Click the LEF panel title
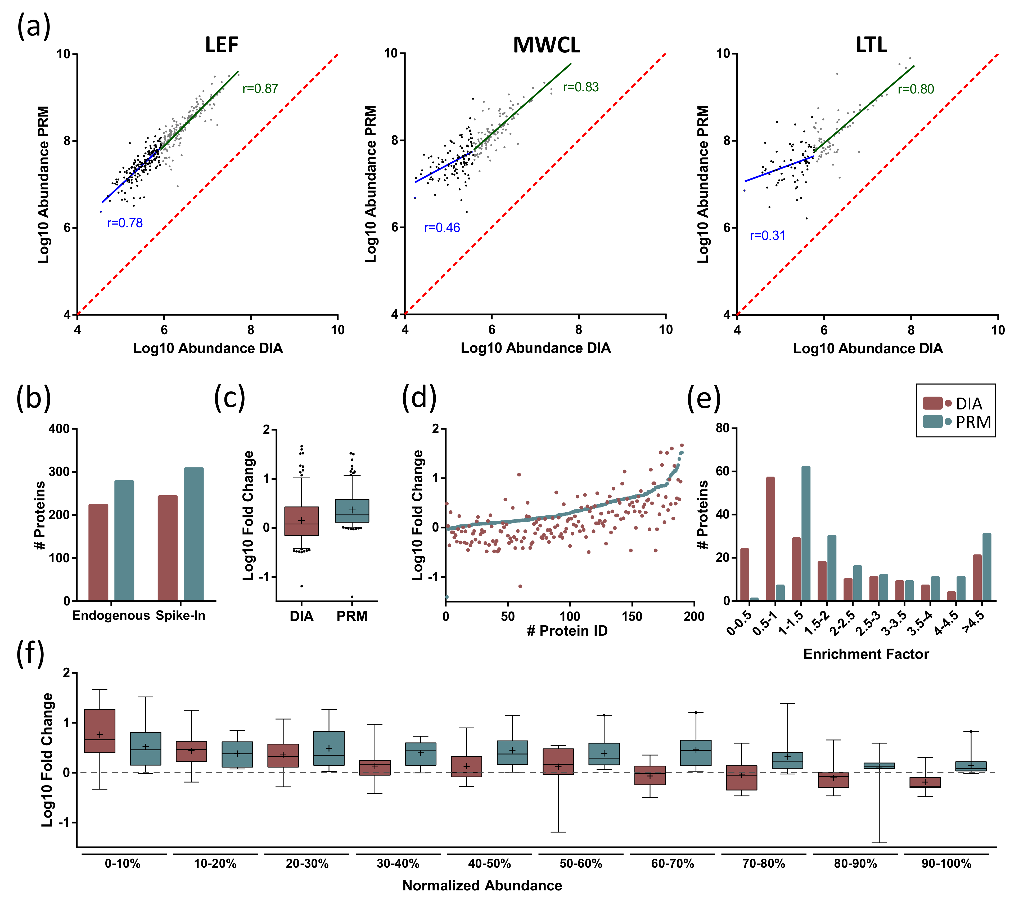pyautogui.click(x=222, y=45)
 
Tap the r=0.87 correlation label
pyautogui.click(x=260, y=89)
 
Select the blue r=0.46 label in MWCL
pyautogui.click(x=442, y=228)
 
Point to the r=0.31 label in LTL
pyautogui.click(x=767, y=235)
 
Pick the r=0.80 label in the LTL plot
pyautogui.click(x=916, y=89)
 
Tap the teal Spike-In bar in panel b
pyautogui.click(x=193, y=534)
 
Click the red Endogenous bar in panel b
pyautogui.click(x=98, y=552)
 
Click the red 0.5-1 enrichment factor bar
pyautogui.click(x=770, y=539)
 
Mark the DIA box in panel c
pyautogui.click(x=302, y=521)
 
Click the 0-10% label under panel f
pyautogui.click(x=123, y=864)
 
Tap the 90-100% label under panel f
pyautogui.click(x=946, y=864)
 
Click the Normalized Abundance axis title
pyautogui.click(x=482, y=886)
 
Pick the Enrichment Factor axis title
pyautogui.click(x=866, y=654)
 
